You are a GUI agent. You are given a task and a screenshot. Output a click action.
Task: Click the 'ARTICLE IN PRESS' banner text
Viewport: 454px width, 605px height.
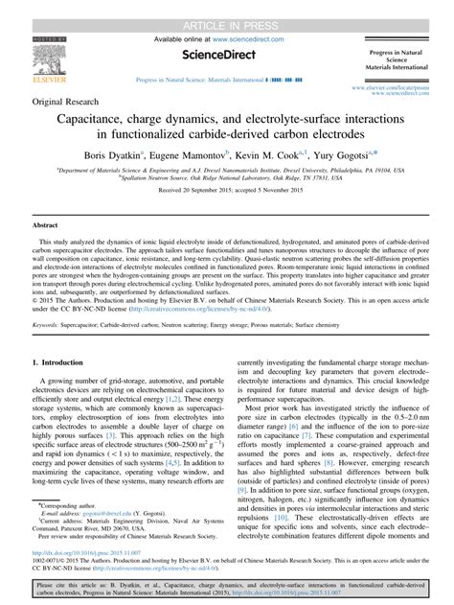(x=227, y=8)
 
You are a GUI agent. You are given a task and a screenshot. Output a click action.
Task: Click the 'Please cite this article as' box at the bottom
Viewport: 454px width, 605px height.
(x=227, y=587)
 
